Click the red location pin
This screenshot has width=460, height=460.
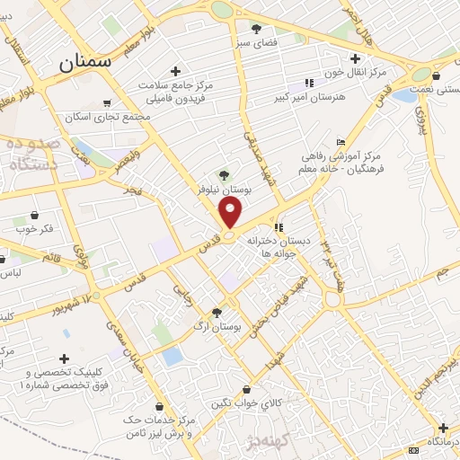pos(231,212)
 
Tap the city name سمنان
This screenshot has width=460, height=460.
pos(85,63)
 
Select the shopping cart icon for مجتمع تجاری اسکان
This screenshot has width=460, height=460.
pos(108,102)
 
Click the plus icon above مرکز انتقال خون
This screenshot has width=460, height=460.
pos(356,58)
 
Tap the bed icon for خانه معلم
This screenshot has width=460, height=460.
pos(340,143)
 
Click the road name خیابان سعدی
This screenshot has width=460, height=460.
pos(125,346)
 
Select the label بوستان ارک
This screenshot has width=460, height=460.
pos(224,326)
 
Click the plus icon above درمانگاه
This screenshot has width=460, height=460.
pos(442,428)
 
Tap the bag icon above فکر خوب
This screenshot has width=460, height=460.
pos(35,216)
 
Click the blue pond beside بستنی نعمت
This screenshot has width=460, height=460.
pos(404,96)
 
